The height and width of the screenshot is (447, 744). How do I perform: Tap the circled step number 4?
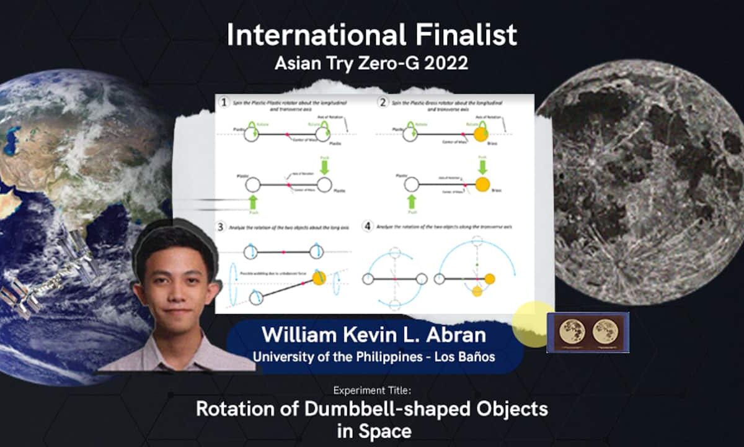(368, 227)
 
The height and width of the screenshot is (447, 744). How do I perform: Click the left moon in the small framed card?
(572, 332)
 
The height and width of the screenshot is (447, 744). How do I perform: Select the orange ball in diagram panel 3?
(319, 278)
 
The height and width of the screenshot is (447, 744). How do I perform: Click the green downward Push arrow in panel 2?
(482, 166)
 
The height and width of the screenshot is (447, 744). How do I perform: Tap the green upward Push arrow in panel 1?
(252, 202)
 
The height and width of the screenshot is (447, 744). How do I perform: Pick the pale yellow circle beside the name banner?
(531, 323)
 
